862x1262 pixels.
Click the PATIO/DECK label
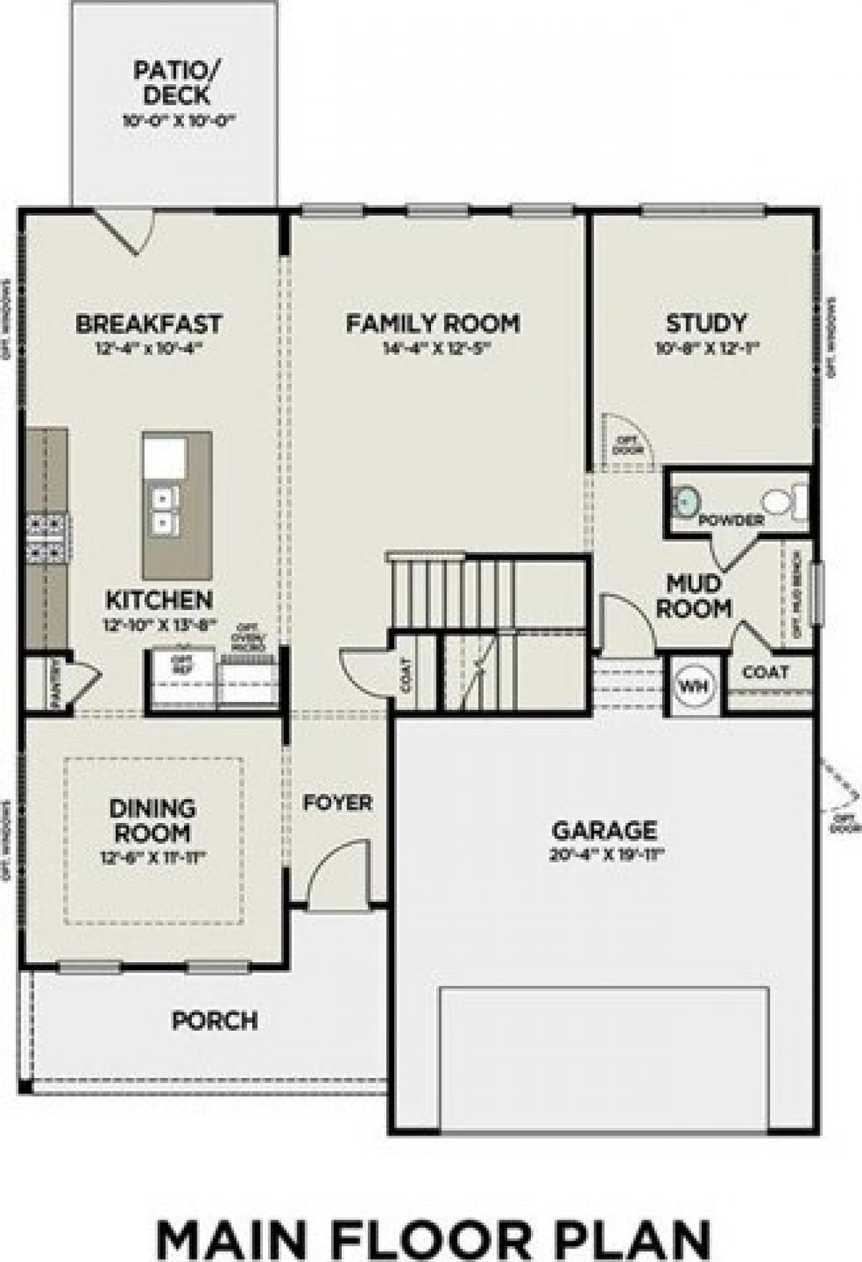pos(172,83)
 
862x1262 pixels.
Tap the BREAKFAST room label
pos(149,323)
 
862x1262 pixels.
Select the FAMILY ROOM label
pos(432,323)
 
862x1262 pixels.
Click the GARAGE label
pos(604,830)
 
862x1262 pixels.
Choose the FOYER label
pos(337,802)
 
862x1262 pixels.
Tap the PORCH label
pos(215,1020)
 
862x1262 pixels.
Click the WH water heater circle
pos(693,685)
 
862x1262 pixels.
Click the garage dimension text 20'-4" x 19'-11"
pos(604,855)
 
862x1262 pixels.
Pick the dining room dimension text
pos(152,857)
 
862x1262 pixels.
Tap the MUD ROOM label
pos(694,595)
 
